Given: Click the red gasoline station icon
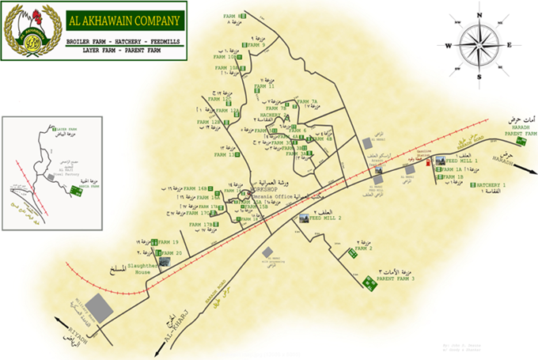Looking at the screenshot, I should (430, 162).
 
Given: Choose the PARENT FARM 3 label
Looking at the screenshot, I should (396, 279).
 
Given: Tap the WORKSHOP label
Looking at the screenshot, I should (263, 190).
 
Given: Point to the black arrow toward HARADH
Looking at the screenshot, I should (529, 171).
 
